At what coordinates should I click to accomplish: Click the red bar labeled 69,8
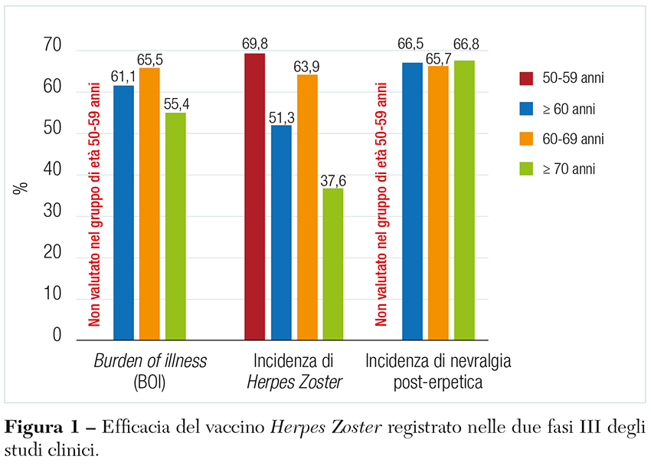click(255, 196)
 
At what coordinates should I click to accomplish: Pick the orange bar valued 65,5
click(149, 203)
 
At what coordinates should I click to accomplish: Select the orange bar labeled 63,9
click(307, 207)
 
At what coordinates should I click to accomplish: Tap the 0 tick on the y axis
click(56, 335)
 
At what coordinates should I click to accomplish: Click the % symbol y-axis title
click(21, 187)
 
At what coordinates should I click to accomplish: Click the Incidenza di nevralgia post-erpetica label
click(437, 370)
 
